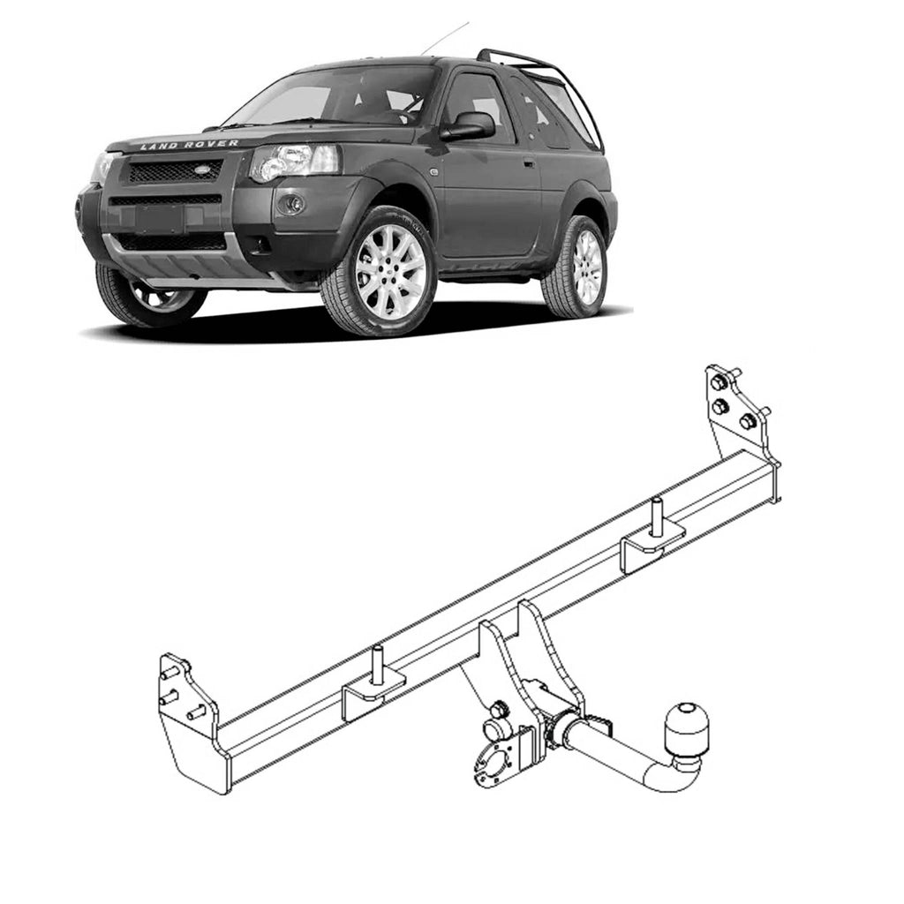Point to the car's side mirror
(470, 126)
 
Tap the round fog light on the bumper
(293, 204)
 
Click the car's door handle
(528, 162)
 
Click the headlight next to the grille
(294, 162)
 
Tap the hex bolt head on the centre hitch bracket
(499, 709)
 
